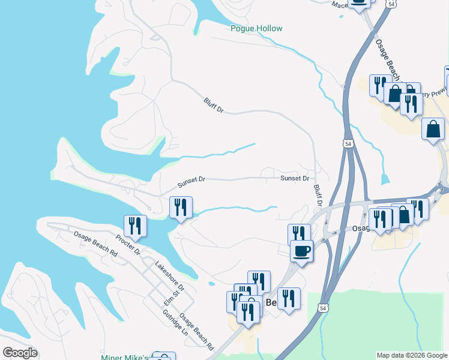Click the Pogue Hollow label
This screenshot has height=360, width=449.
coord(256,28)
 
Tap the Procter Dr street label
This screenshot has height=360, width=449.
coord(128,244)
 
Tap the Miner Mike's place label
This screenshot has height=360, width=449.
coord(124,358)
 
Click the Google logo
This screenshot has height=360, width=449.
coord(20,353)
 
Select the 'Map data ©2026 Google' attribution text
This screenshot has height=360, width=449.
coord(411,355)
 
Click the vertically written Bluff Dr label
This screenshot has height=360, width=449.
coord(318,196)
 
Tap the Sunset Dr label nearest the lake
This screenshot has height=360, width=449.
coord(191,181)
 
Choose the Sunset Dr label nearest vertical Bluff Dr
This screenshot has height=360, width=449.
coord(295,178)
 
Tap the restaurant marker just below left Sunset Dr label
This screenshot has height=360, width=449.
coord(181,208)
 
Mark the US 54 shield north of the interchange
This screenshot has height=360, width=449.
coord(348,144)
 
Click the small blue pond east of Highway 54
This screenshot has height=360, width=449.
coord(385,179)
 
